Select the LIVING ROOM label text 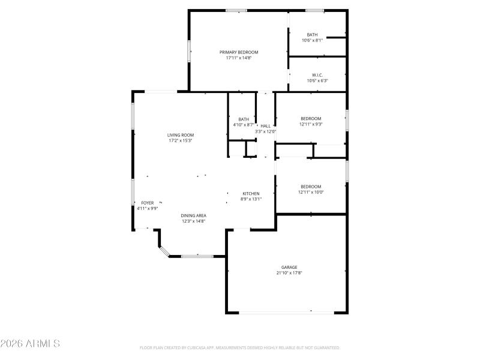coord(180,135)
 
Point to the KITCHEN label coord(251,193)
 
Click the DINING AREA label coord(193,215)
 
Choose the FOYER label coord(147,203)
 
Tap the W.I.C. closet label coord(317,75)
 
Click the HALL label coord(265,126)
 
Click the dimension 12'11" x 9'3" coord(311,124)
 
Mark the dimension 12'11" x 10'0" coord(311,192)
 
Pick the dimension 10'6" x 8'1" coord(312,40)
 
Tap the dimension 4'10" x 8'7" coord(244,124)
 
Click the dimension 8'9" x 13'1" coord(251,199)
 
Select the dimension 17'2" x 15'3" coord(180,141)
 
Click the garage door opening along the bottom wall coord(287,312)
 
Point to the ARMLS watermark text coord(30,344)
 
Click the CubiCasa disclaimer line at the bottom coord(240,347)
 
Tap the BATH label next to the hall coord(244,119)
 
